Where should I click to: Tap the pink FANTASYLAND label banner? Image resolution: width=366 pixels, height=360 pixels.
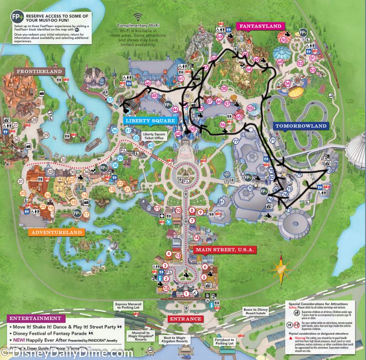(x=260, y=26)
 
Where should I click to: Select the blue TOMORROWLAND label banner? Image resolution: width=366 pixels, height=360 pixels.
(x=301, y=126)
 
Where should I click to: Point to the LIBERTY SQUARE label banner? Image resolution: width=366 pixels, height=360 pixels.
(x=149, y=121)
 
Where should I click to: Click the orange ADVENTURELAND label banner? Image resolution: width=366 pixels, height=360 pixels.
(x=56, y=232)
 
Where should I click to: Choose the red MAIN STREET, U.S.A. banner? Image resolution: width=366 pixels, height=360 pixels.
(x=225, y=249)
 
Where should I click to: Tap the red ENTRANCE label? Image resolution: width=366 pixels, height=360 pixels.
(x=185, y=318)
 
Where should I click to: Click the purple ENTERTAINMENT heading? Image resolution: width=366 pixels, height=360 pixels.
(x=34, y=318)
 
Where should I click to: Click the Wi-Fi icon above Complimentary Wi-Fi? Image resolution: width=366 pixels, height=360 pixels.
(x=139, y=17)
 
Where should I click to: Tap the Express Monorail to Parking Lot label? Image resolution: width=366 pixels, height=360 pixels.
(x=129, y=305)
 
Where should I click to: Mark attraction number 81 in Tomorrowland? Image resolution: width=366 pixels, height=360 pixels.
(x=222, y=202)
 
